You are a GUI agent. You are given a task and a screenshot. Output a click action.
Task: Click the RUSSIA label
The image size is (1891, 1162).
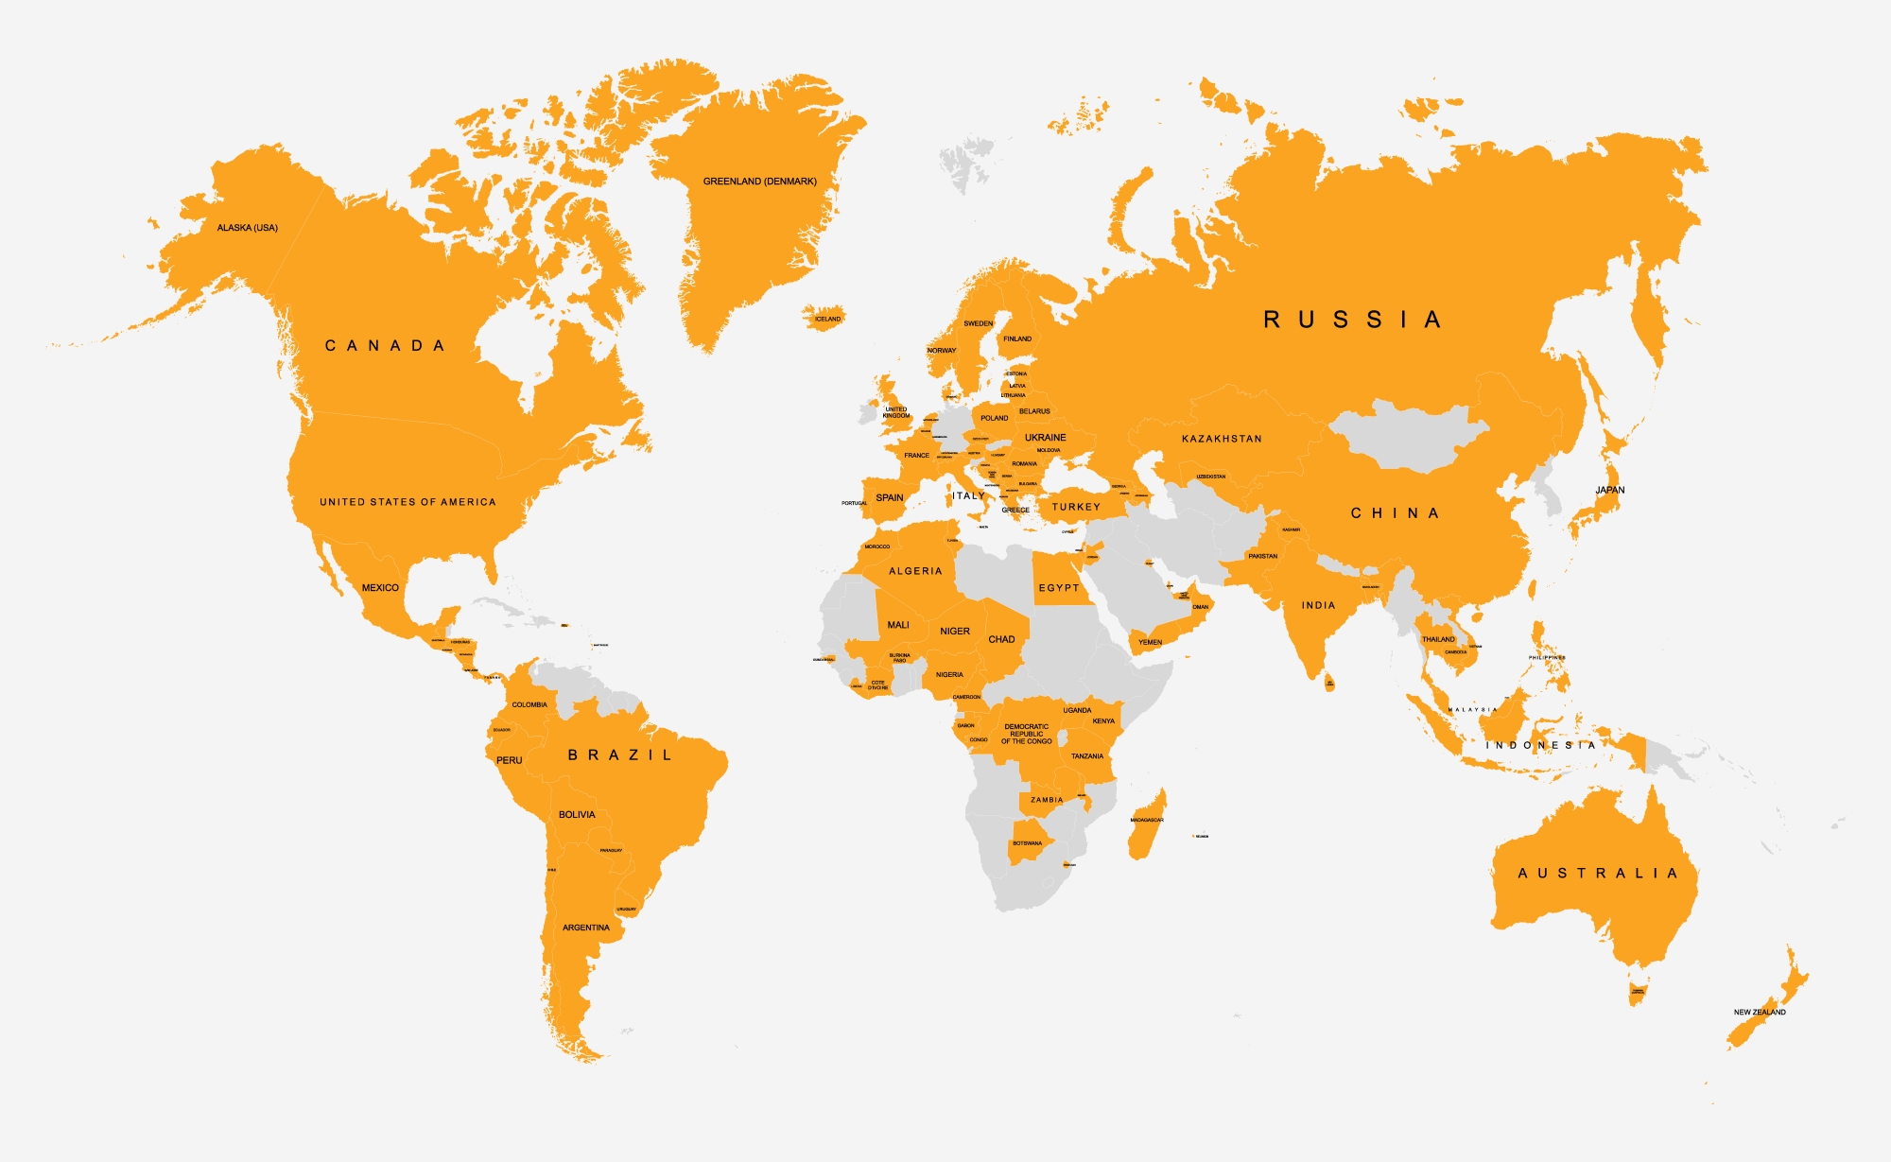[x=1352, y=320]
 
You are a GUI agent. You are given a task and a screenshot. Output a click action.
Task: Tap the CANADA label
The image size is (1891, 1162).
[x=385, y=346]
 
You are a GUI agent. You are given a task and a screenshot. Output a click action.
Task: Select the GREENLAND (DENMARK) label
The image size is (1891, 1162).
[x=759, y=182]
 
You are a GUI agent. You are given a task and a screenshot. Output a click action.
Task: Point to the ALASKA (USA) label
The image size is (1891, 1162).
[x=248, y=228]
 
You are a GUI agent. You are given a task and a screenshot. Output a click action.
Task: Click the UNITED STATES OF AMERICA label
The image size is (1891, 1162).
[x=408, y=502]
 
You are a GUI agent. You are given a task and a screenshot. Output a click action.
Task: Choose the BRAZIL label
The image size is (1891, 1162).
[x=620, y=754]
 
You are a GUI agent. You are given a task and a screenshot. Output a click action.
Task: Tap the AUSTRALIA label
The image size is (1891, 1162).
[x=1598, y=873]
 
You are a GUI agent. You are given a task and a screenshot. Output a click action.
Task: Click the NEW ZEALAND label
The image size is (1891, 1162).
[x=1760, y=1012]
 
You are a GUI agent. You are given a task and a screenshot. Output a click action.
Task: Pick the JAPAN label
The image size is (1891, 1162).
[x=1610, y=490]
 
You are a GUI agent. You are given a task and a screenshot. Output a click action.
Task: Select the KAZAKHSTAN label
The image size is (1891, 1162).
[x=1222, y=439]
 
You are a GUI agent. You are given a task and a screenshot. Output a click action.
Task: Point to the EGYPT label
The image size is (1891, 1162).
[x=1059, y=588]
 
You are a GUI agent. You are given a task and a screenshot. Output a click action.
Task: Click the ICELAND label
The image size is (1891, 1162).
[x=827, y=319]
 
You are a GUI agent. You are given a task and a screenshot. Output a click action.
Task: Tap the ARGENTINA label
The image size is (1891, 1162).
[x=586, y=928]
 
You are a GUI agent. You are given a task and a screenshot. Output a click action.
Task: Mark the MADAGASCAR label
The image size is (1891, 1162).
[x=1146, y=820]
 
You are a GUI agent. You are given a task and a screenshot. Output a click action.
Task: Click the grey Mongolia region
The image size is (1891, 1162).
[x=1409, y=435]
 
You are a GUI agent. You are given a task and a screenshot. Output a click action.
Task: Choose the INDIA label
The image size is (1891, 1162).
[x=1318, y=605]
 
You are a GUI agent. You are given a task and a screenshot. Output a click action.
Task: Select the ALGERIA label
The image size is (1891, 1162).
[x=915, y=571]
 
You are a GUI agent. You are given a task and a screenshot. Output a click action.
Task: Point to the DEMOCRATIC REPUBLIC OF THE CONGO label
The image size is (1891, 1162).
[x=1027, y=734]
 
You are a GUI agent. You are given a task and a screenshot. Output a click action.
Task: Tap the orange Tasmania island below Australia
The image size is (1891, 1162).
[x=1638, y=990]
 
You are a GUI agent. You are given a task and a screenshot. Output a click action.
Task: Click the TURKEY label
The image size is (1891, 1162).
[x=1076, y=507]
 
